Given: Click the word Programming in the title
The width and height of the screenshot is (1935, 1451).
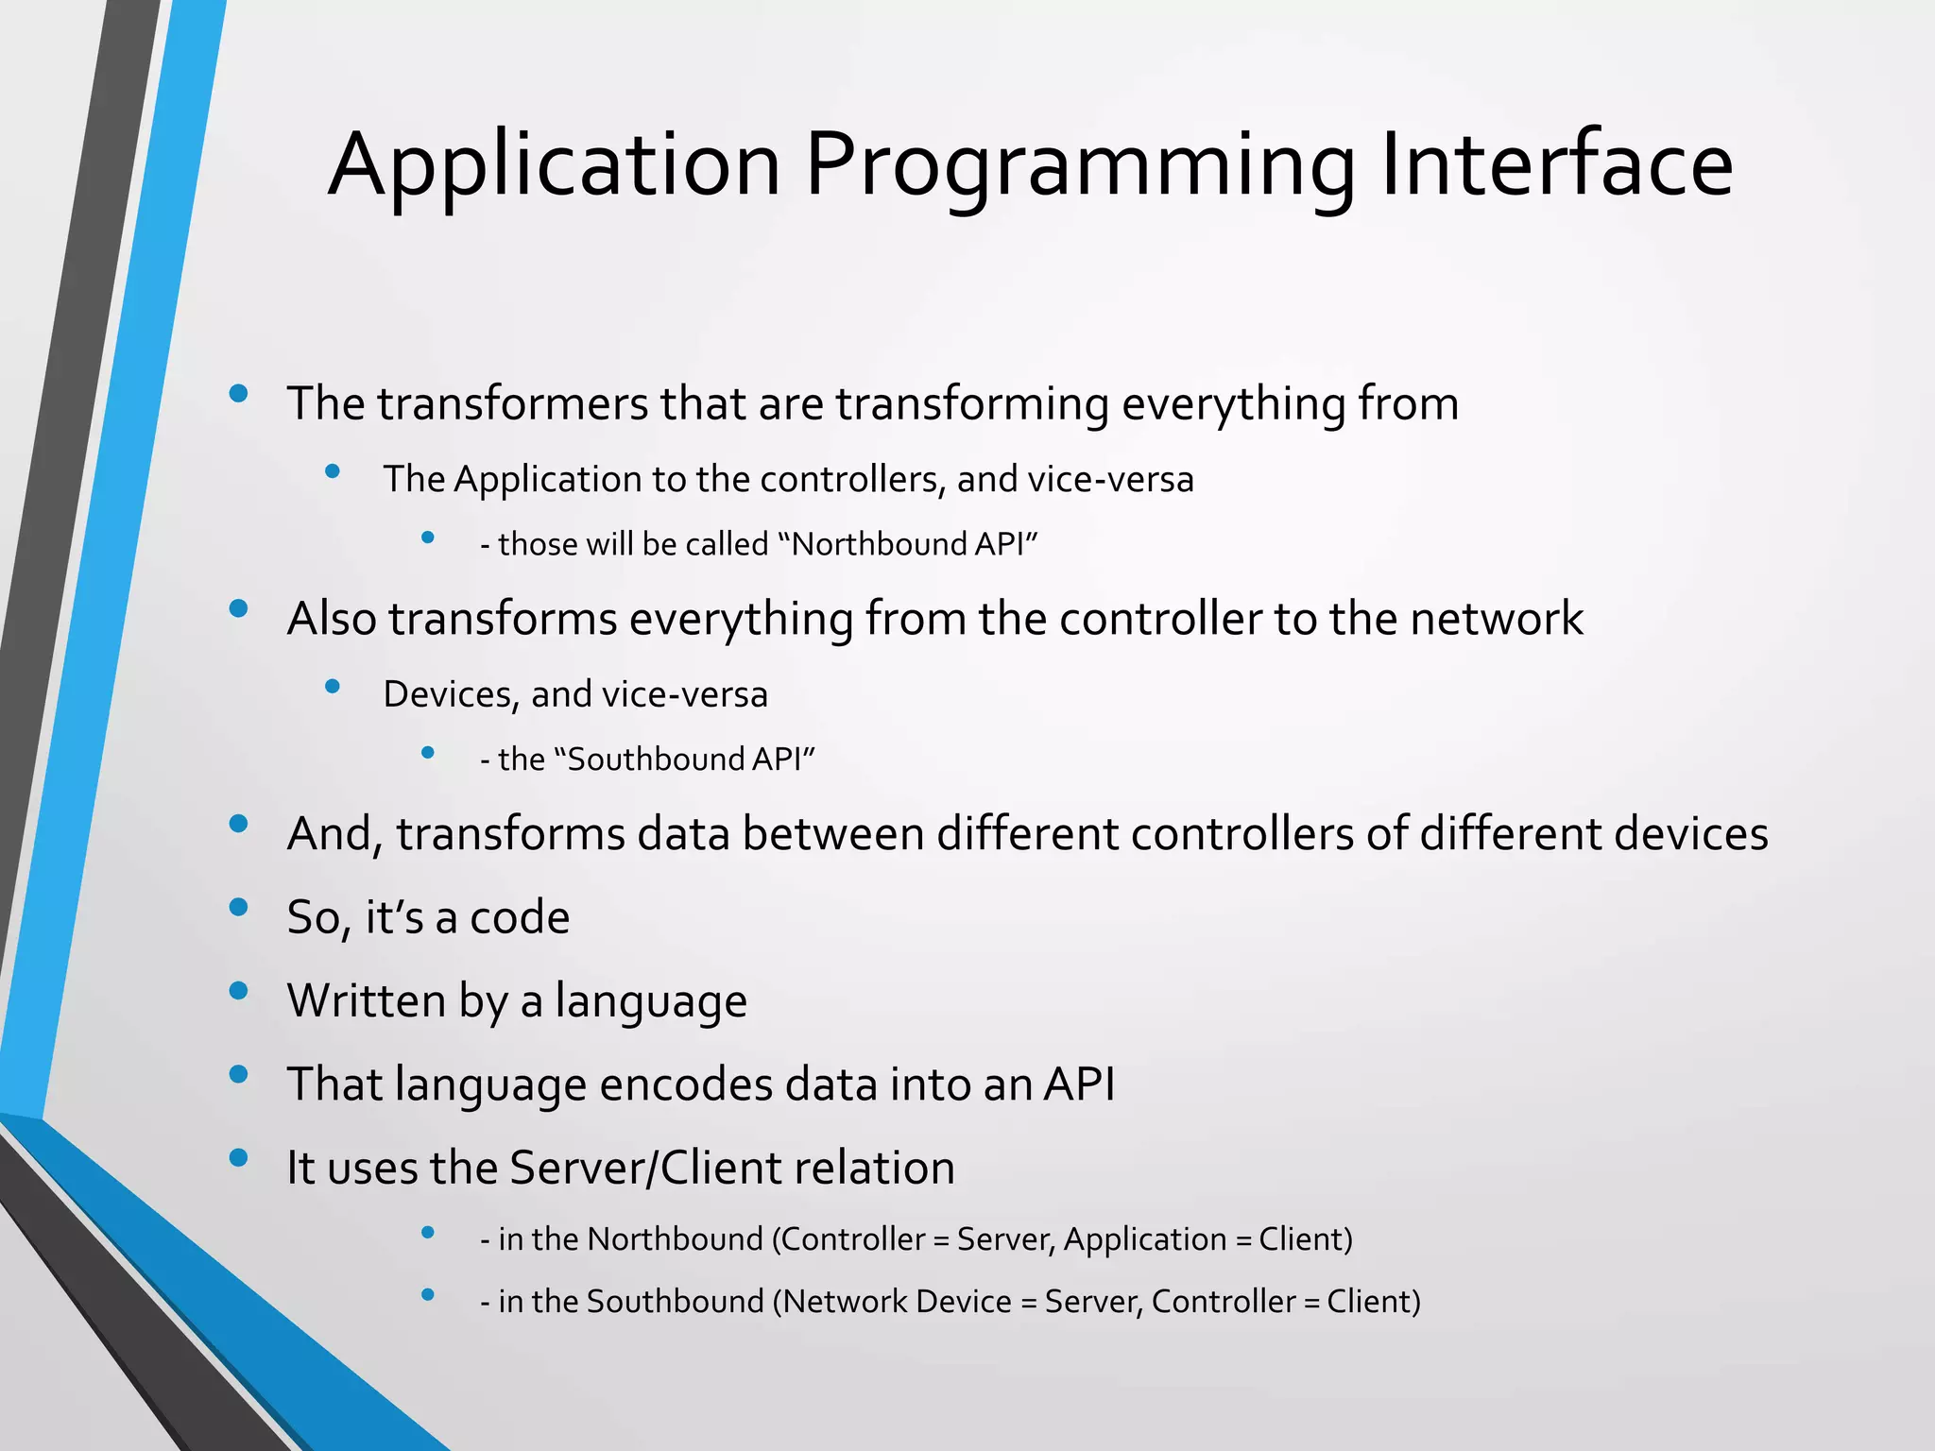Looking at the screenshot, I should (1078, 166).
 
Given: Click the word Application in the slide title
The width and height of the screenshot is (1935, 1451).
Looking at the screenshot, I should (554, 166).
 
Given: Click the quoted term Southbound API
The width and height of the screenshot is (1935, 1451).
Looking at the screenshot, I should (684, 760).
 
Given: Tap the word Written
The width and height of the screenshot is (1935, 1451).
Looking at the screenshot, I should (366, 1000).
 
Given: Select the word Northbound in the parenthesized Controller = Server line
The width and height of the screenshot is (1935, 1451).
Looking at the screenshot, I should (675, 1238).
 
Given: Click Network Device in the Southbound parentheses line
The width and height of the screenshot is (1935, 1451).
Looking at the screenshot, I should (897, 1302).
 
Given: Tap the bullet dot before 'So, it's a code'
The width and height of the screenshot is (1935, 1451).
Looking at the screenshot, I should (239, 907).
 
